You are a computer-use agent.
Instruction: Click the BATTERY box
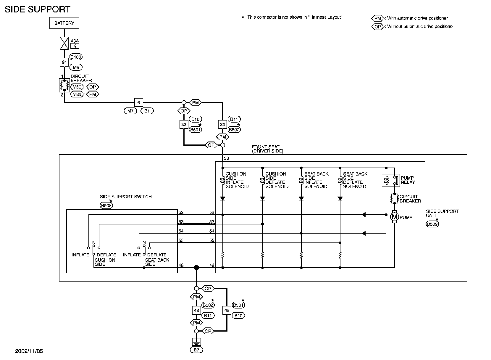point(64,23)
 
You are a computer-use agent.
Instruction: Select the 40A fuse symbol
point(64,43)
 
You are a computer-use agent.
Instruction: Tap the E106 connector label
point(76,57)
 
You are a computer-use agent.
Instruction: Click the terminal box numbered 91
point(64,62)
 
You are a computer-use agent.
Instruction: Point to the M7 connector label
point(130,111)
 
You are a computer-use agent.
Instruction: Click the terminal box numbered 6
point(138,102)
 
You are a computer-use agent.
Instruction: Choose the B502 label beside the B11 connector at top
point(234,130)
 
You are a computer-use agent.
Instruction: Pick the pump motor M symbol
point(394,217)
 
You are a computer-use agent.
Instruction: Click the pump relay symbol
point(391,181)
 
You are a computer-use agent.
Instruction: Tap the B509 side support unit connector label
point(432,224)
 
